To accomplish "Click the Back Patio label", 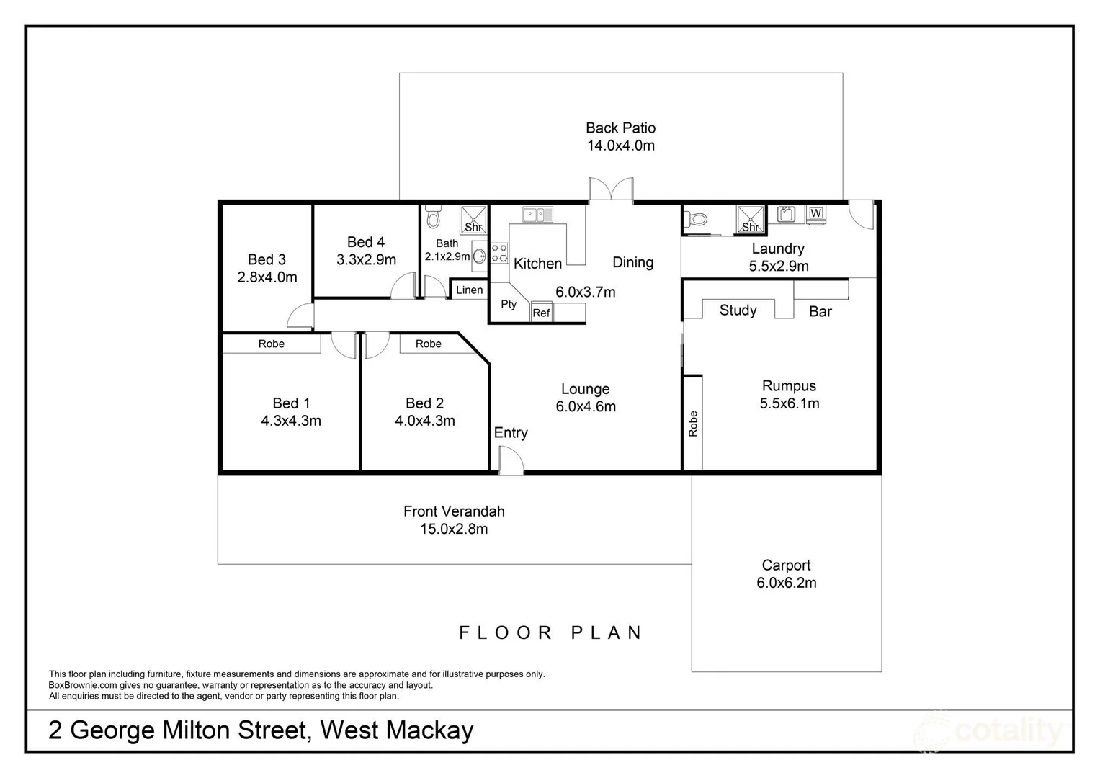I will click(620, 128).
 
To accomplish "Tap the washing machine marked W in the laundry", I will click(815, 214).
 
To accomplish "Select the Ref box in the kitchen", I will click(541, 313).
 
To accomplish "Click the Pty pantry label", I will click(509, 304).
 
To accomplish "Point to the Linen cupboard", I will click(469, 290).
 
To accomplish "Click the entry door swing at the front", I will click(511, 460).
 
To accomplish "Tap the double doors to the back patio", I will click(611, 189).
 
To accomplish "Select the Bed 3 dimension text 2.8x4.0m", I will click(267, 277).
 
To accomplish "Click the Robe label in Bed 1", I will click(272, 344).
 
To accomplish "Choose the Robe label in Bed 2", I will click(428, 344).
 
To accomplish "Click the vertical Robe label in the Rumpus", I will click(693, 424).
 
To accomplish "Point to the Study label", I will click(738, 310).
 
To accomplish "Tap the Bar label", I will click(820, 312).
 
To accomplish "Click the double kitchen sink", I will click(537, 214).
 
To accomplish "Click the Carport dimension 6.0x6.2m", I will click(786, 583).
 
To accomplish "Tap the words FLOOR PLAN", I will click(551, 633).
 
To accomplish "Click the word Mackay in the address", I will click(429, 730).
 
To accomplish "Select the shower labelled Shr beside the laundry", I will click(750, 220).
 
